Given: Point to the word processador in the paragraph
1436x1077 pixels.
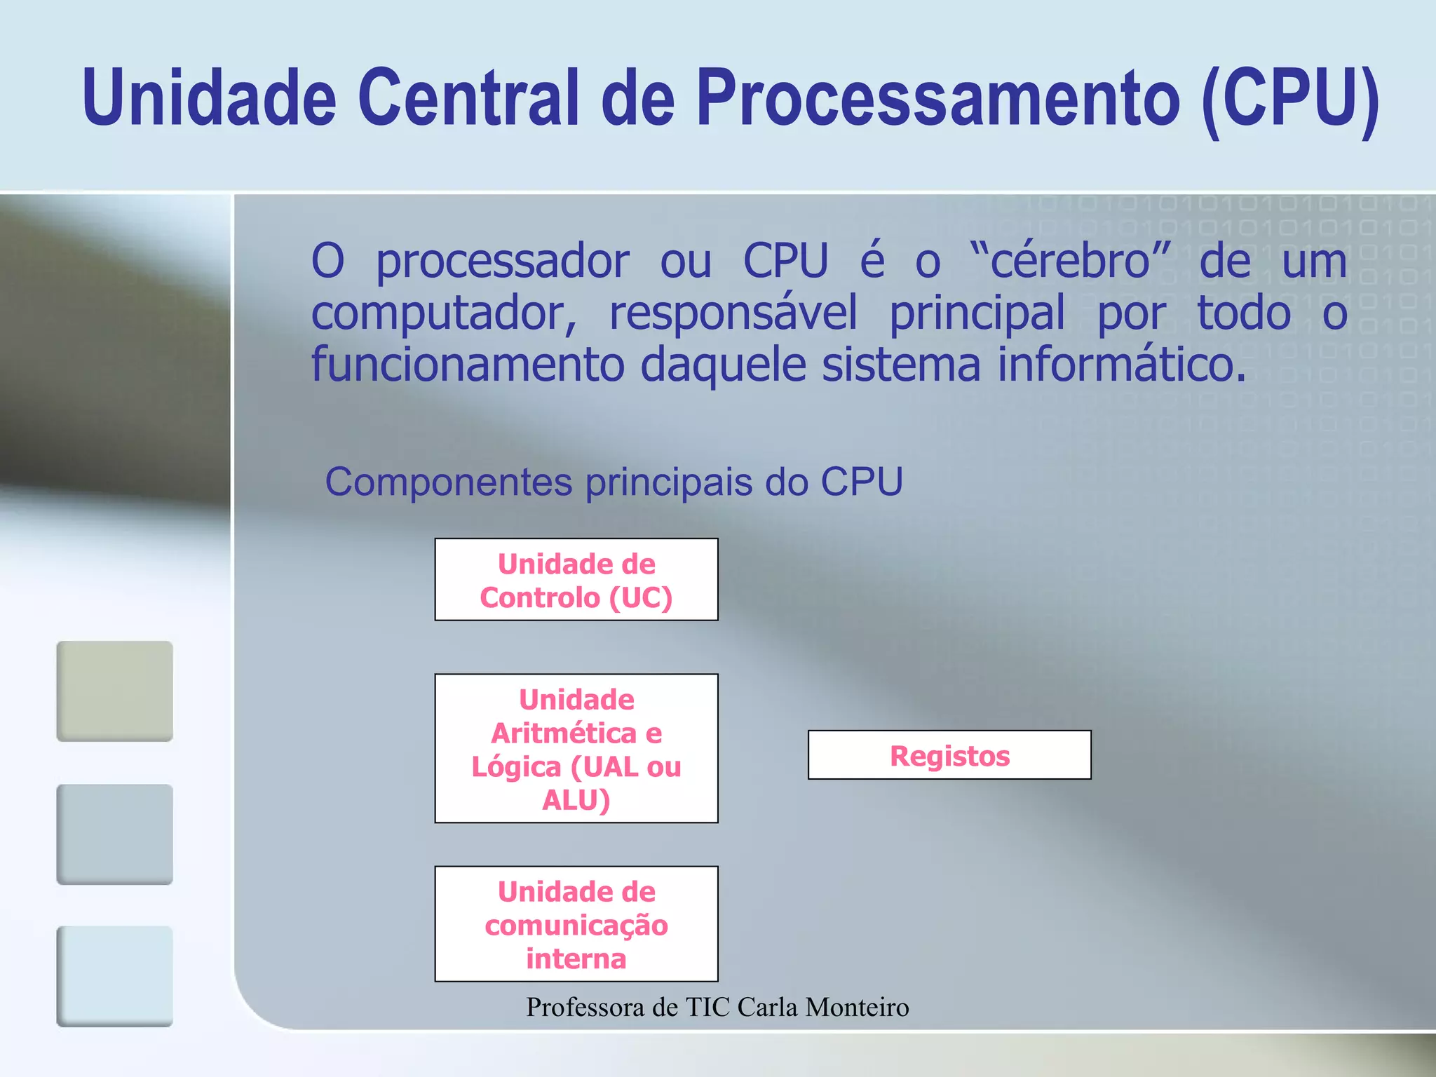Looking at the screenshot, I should coord(502,261).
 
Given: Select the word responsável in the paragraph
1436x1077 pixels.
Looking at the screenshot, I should coord(733,313).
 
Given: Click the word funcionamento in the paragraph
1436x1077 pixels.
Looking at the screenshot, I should coord(468,365).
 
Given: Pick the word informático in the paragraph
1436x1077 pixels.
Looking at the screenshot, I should coord(1122,365).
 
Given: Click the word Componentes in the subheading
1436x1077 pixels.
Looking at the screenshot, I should coord(449,482).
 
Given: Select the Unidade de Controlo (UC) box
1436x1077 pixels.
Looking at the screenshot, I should coord(576,580).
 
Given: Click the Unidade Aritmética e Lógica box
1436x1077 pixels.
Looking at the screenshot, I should coord(576,748).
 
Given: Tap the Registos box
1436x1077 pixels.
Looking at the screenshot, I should coord(949,755).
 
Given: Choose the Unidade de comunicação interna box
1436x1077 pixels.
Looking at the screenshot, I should coord(576,923).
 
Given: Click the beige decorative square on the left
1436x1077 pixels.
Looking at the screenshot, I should coord(114,691).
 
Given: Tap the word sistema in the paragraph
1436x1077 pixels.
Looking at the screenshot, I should coord(901,365).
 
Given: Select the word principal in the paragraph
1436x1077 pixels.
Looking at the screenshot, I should coord(977,313).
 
